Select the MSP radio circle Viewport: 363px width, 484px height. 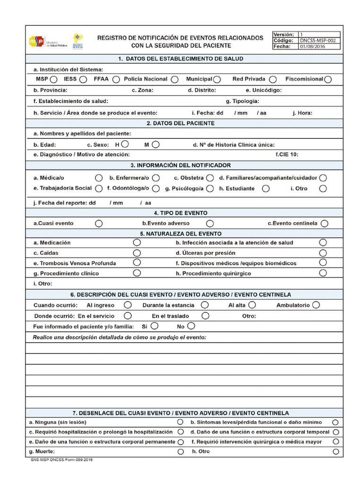pos(54,79)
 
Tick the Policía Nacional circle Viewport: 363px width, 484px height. pos(174,79)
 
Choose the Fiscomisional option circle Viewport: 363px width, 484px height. pos(328,79)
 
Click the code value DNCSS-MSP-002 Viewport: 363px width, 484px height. pos(318,41)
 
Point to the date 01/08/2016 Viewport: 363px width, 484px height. pos(312,47)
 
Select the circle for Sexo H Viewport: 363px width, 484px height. pos(125,144)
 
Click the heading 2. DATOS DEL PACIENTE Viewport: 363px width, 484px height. pos(181,123)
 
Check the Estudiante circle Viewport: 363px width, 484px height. pos(266,189)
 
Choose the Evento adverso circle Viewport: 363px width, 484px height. pos(210,223)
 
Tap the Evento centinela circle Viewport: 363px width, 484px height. pos(324,223)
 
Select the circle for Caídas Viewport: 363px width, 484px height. pos(137,253)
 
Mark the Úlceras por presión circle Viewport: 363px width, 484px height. pos(323,253)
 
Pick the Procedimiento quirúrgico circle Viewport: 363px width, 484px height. pos(323,273)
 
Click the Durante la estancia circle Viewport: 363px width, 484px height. pos(204,305)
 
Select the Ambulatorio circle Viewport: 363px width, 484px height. pos(316,305)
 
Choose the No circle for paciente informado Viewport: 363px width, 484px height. pos(191,326)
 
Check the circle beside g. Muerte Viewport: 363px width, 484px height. pos(180,452)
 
